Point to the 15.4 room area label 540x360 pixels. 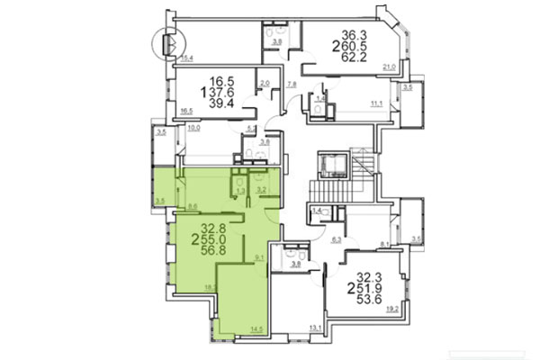186,58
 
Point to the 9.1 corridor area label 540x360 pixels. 260,259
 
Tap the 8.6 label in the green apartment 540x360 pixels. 193,206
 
